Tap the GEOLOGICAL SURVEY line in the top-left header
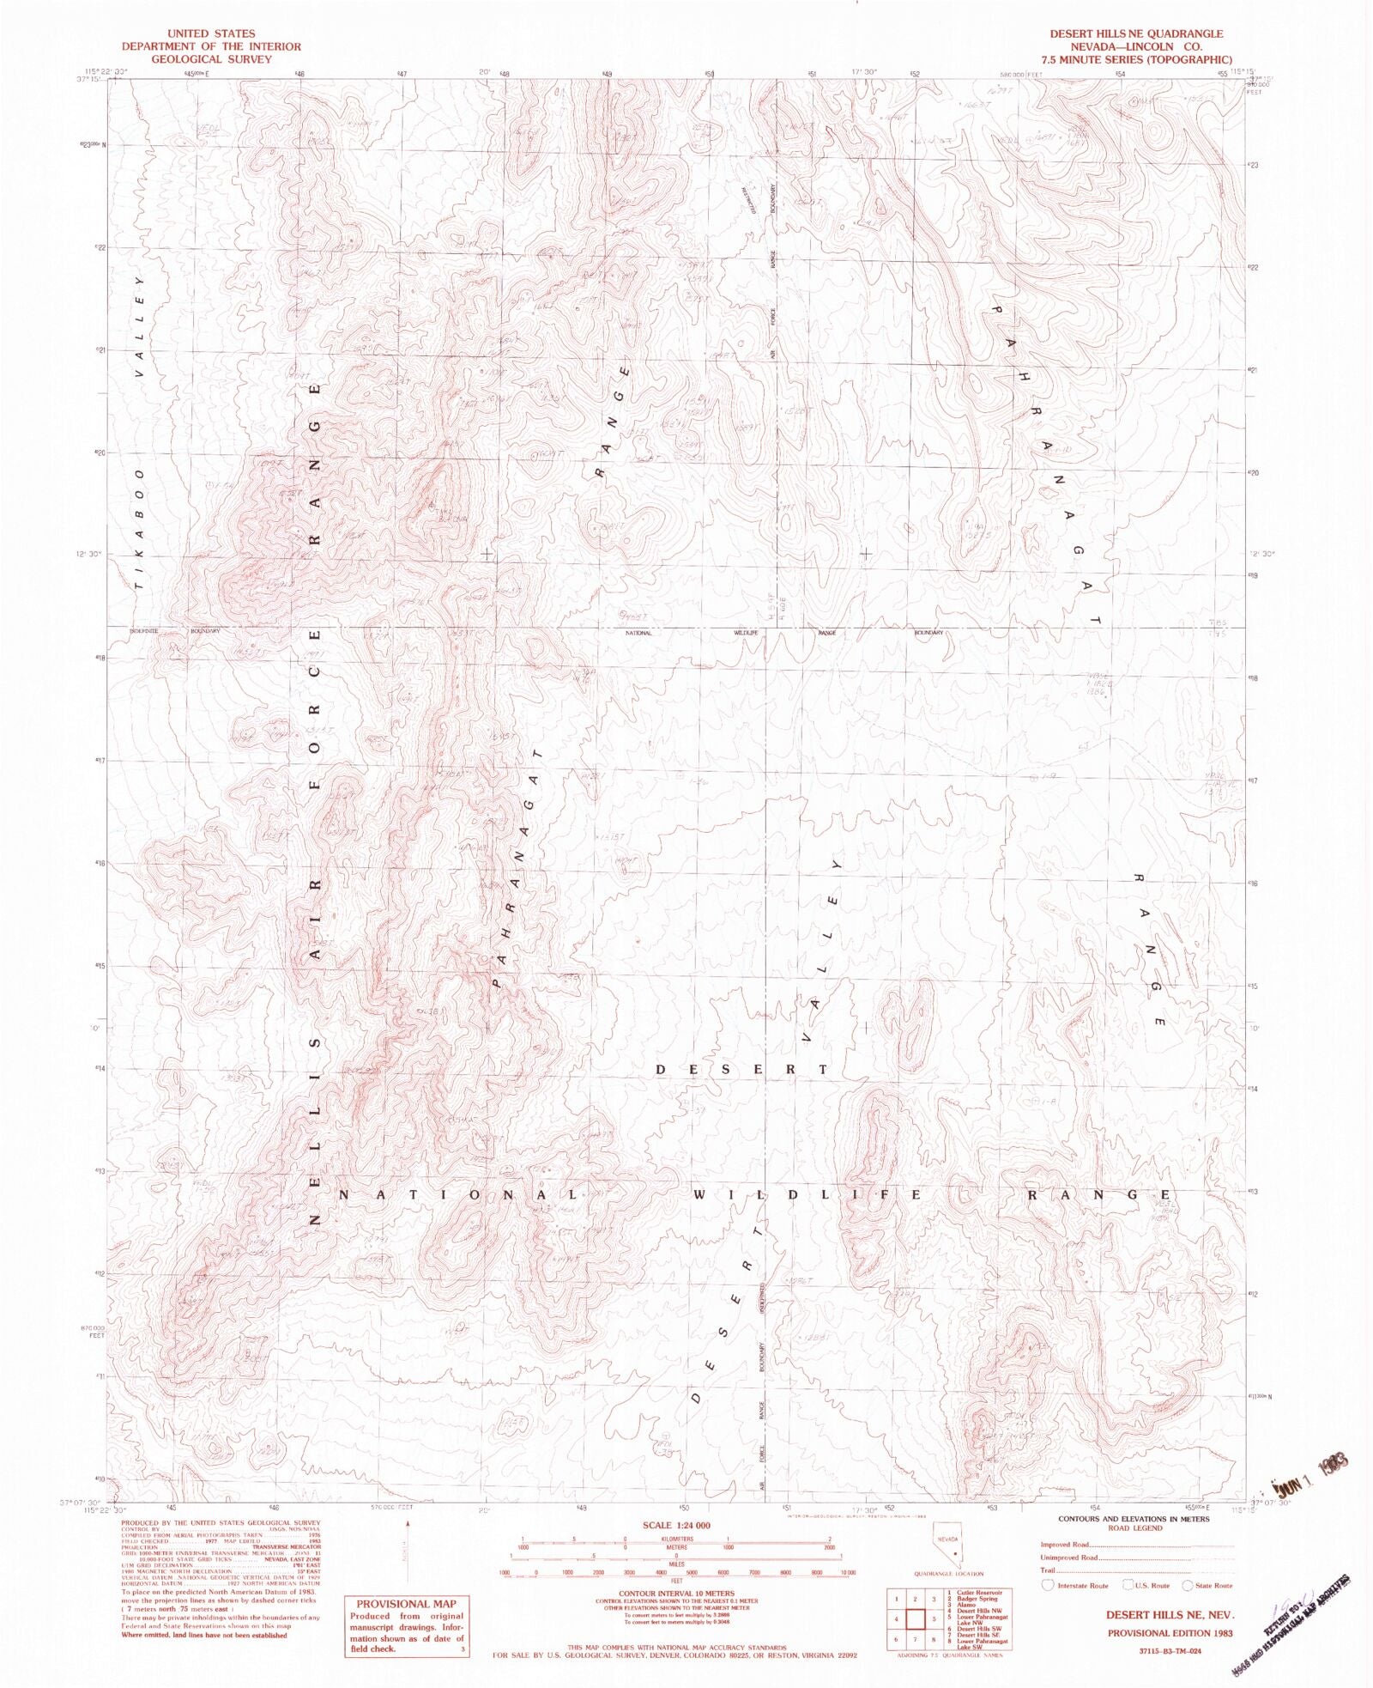point(211,59)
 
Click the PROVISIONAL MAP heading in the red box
point(406,1603)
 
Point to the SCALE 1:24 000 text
point(676,1525)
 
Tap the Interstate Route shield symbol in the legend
point(1048,1585)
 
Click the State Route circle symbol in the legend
point(1188,1585)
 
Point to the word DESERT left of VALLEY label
point(741,1069)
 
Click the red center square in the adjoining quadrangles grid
point(915,1619)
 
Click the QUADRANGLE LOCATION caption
point(948,1573)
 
